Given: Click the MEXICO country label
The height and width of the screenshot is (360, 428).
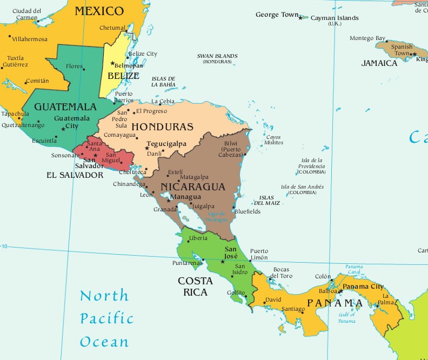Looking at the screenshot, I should tap(99, 11).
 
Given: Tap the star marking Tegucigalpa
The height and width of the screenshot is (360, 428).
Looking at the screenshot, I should tap(146, 148).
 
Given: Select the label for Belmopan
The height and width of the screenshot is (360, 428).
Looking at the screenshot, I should tap(129, 65).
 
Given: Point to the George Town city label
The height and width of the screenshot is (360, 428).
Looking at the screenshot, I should tap(277, 15).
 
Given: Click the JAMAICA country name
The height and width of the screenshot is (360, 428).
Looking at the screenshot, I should tap(379, 63).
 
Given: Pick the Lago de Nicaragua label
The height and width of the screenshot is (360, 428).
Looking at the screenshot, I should tap(217, 217).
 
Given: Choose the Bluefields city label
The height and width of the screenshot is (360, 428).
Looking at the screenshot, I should tap(248, 211).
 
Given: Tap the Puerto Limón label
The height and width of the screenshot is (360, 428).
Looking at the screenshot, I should tap(259, 255).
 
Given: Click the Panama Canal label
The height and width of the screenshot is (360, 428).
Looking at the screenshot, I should tap(355, 269).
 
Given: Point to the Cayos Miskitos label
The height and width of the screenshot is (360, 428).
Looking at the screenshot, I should tap(274, 139).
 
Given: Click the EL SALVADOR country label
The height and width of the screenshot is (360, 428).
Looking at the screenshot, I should tap(75, 175).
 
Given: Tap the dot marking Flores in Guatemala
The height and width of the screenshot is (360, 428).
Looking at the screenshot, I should tap(84, 68).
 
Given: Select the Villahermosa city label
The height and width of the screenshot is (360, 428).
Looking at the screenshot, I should tap(30, 39).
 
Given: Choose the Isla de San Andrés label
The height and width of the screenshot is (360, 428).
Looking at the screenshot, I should tap(303, 189).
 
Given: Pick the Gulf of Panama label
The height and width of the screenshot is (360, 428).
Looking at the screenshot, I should tap(347, 318).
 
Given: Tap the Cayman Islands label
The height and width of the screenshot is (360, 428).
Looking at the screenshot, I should tap(334, 18).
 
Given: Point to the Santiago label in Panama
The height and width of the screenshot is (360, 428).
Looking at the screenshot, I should tap(293, 309).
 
